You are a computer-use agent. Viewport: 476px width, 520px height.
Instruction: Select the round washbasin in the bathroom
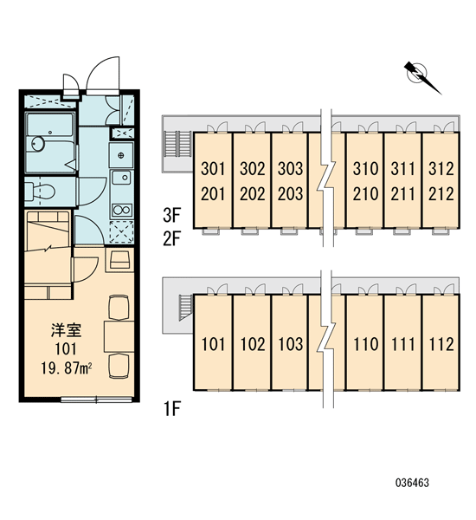[x=38, y=143]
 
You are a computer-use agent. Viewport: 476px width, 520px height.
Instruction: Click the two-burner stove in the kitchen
[x=121, y=210]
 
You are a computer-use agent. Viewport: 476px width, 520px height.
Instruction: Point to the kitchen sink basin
[x=121, y=177]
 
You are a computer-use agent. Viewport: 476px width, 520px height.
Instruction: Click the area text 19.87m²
[x=67, y=367]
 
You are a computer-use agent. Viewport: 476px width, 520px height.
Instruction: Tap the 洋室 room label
[x=67, y=330]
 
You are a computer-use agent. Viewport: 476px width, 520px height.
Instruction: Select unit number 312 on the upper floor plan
[x=441, y=169]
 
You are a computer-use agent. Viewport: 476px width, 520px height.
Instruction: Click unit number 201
[x=213, y=194]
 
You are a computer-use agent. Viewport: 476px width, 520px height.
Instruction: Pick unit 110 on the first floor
[x=366, y=344]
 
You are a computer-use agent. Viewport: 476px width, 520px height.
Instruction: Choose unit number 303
[x=291, y=169]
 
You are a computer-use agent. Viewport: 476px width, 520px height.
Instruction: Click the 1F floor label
[x=171, y=408]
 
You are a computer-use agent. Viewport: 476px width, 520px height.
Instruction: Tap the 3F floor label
[x=171, y=215]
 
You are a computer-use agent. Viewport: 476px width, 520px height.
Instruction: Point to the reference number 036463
[x=413, y=483]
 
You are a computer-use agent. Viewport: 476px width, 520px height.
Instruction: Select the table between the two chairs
[x=119, y=336]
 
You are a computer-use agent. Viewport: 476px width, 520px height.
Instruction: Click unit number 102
[x=253, y=344]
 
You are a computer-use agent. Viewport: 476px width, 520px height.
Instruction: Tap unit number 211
[x=402, y=194]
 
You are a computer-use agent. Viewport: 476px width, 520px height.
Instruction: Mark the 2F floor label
[x=171, y=239]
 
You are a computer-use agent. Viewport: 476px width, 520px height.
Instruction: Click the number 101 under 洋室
[x=66, y=349]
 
